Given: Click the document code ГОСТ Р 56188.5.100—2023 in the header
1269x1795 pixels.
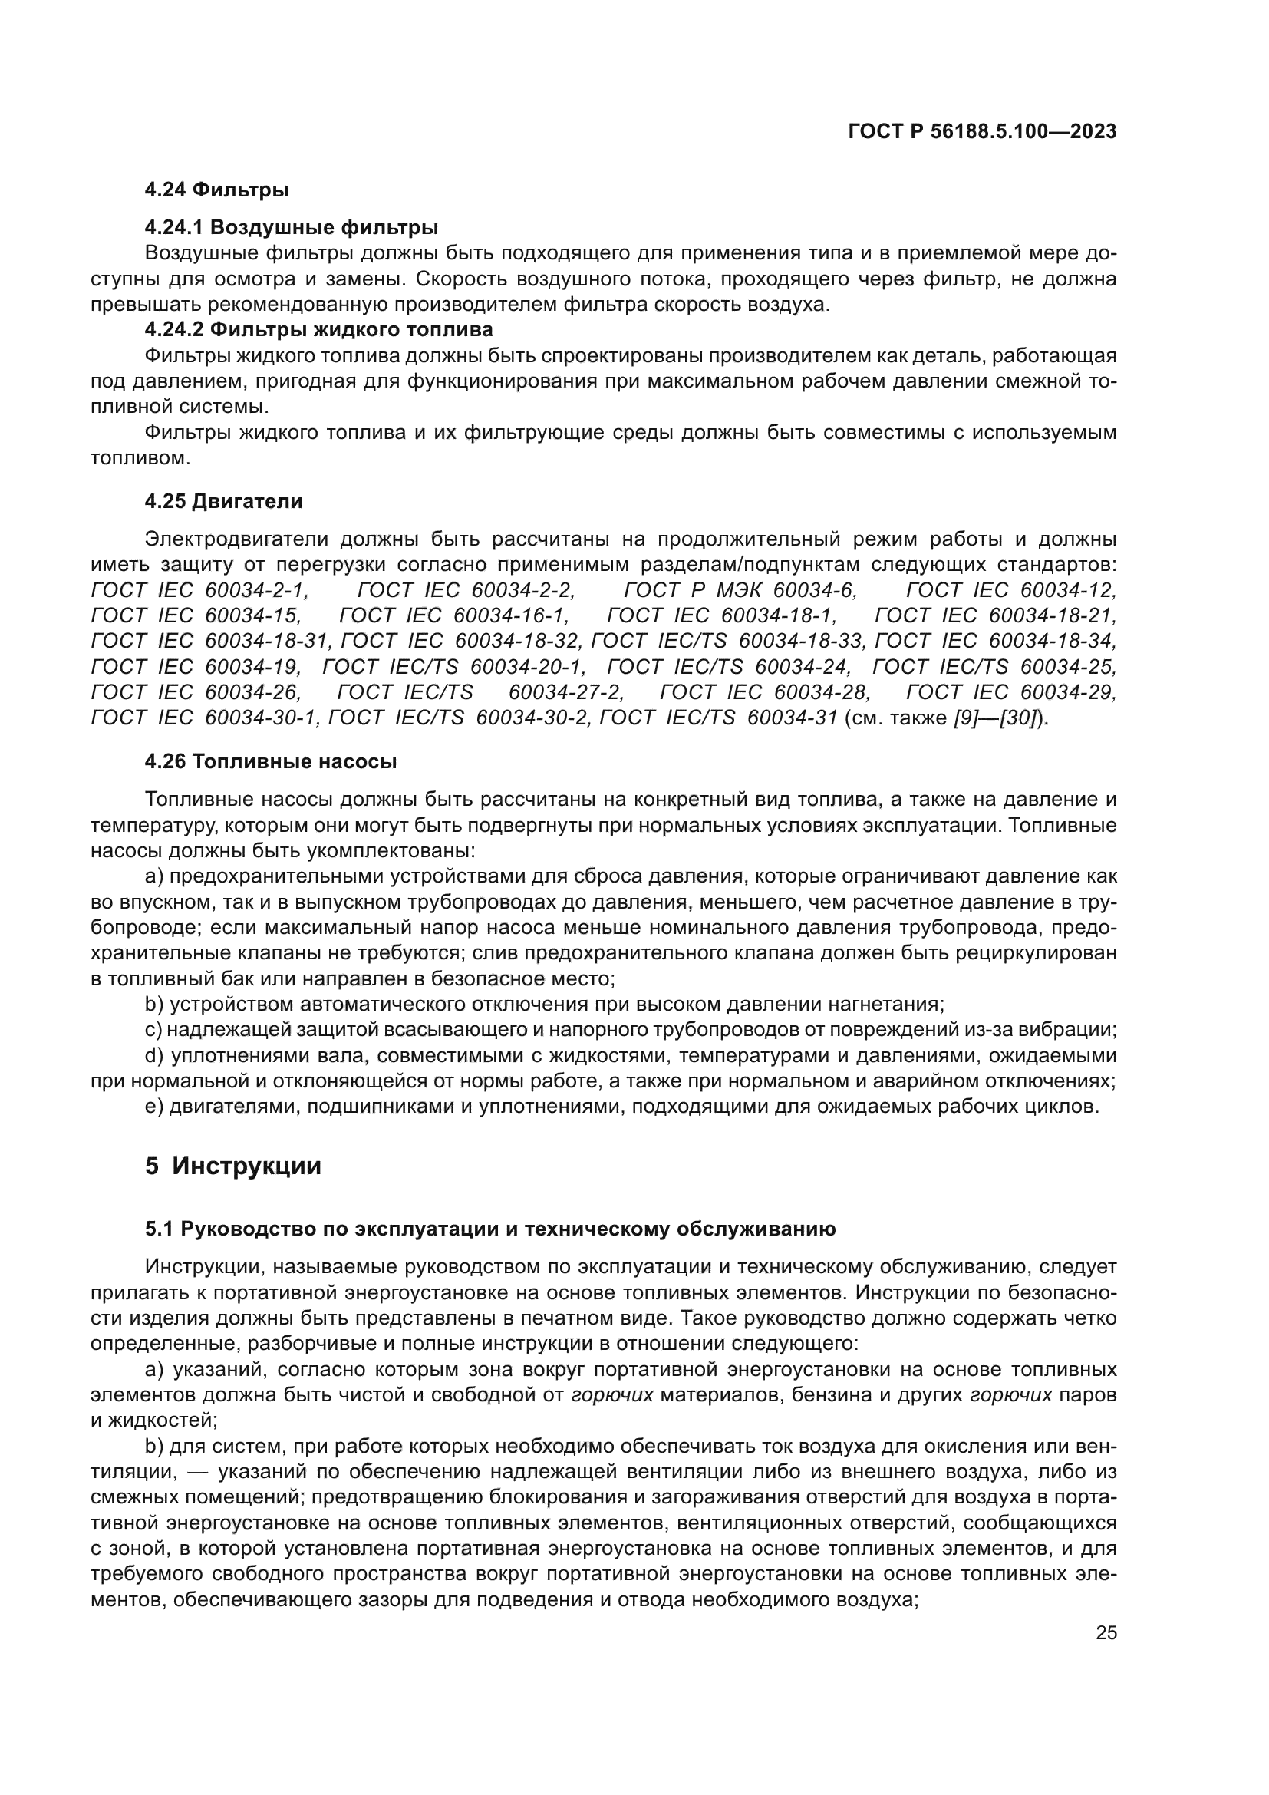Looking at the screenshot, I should (x=981, y=132).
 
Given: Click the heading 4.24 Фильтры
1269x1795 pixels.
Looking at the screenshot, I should (x=216, y=190).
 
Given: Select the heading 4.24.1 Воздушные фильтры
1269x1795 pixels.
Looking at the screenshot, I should (x=291, y=227).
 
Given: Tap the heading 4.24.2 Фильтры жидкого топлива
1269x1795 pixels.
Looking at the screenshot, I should (x=318, y=329).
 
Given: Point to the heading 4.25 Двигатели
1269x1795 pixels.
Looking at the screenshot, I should (x=223, y=501).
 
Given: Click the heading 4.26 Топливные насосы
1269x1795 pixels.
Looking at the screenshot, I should (x=270, y=761).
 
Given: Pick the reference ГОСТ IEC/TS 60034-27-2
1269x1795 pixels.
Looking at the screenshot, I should (x=480, y=693).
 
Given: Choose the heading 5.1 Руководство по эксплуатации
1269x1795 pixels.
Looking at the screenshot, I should (x=490, y=1229).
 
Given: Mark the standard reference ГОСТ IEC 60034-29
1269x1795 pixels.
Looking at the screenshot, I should (x=1011, y=693).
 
